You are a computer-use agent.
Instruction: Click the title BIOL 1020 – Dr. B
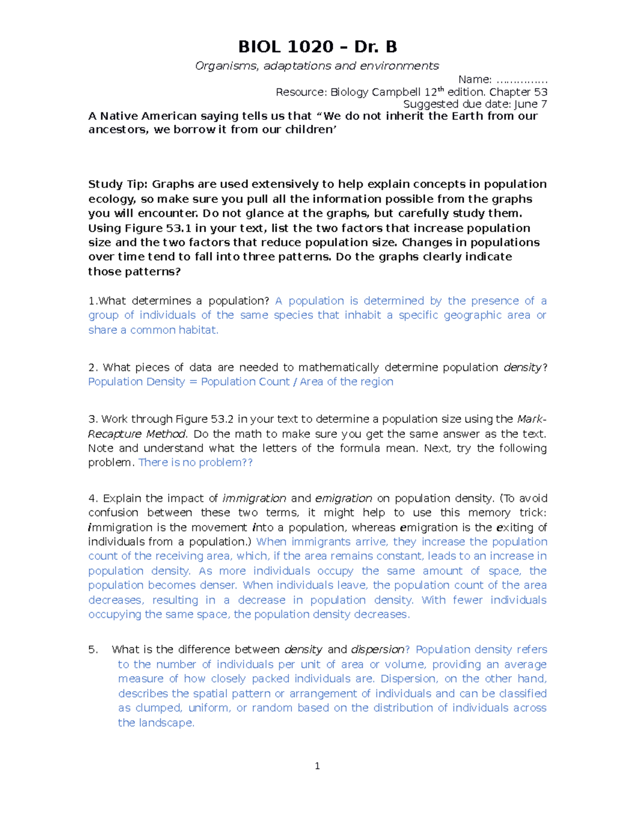(x=317, y=47)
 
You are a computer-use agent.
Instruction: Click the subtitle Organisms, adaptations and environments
(x=317, y=66)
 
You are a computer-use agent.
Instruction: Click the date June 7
(x=531, y=104)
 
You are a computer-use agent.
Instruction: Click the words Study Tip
(x=118, y=184)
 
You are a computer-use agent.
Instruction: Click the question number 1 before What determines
(x=92, y=301)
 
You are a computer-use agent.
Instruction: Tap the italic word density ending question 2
(x=523, y=367)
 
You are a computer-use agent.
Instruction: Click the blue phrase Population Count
(x=245, y=382)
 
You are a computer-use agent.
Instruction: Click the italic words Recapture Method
(x=137, y=434)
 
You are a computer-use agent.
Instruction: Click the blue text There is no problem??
(x=196, y=463)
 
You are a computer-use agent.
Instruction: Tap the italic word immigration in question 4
(x=254, y=499)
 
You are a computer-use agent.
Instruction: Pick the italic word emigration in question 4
(x=343, y=499)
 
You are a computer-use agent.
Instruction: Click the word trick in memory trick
(x=532, y=513)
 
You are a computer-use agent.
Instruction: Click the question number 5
(x=93, y=650)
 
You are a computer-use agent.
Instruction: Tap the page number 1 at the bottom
(x=317, y=766)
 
